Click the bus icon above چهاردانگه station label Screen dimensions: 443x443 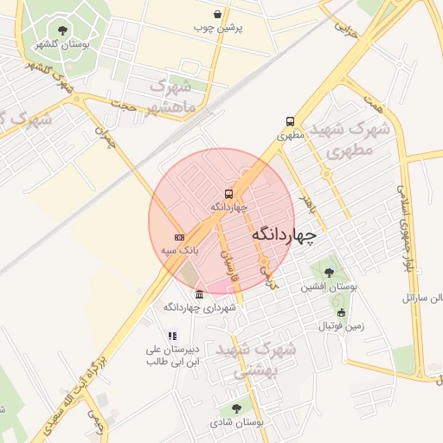[229, 195]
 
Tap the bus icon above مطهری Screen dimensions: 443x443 [290, 122]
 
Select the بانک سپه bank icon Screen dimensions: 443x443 [179, 237]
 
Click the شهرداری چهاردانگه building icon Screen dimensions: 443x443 [200, 294]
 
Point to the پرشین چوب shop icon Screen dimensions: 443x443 [216, 15]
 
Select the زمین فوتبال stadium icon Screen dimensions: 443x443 [341, 313]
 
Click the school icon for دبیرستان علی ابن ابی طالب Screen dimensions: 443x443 [172, 336]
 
